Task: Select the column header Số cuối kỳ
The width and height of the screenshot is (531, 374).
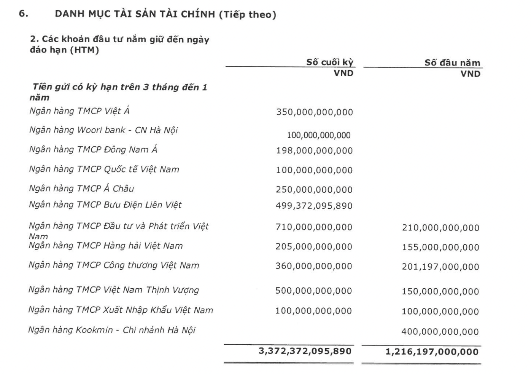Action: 330,62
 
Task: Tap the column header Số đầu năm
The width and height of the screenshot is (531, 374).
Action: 452,63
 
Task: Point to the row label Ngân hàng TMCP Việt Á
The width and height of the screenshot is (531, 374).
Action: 79,111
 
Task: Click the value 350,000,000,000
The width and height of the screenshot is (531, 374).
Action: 315,112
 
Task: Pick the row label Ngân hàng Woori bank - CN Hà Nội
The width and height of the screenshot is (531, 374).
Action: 103,130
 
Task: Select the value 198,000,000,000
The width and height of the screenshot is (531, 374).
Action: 315,151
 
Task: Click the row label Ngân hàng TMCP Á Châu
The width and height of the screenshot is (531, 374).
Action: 81,189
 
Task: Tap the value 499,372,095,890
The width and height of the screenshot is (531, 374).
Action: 315,206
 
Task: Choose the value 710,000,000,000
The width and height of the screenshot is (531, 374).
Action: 314,227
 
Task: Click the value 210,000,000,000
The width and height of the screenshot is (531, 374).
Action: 440,228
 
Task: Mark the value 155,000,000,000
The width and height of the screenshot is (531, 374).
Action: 440,248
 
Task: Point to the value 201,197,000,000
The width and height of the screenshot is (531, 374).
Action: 440,267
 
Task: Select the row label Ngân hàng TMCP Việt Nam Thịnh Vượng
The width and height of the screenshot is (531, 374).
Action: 113,290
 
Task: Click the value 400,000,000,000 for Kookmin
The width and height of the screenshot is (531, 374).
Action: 440,332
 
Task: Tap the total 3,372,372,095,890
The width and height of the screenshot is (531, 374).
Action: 305,351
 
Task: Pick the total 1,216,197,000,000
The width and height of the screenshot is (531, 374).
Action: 432,352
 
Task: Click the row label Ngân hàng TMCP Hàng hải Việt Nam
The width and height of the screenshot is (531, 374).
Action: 105,246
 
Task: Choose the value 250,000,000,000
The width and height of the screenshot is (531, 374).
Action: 315,190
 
